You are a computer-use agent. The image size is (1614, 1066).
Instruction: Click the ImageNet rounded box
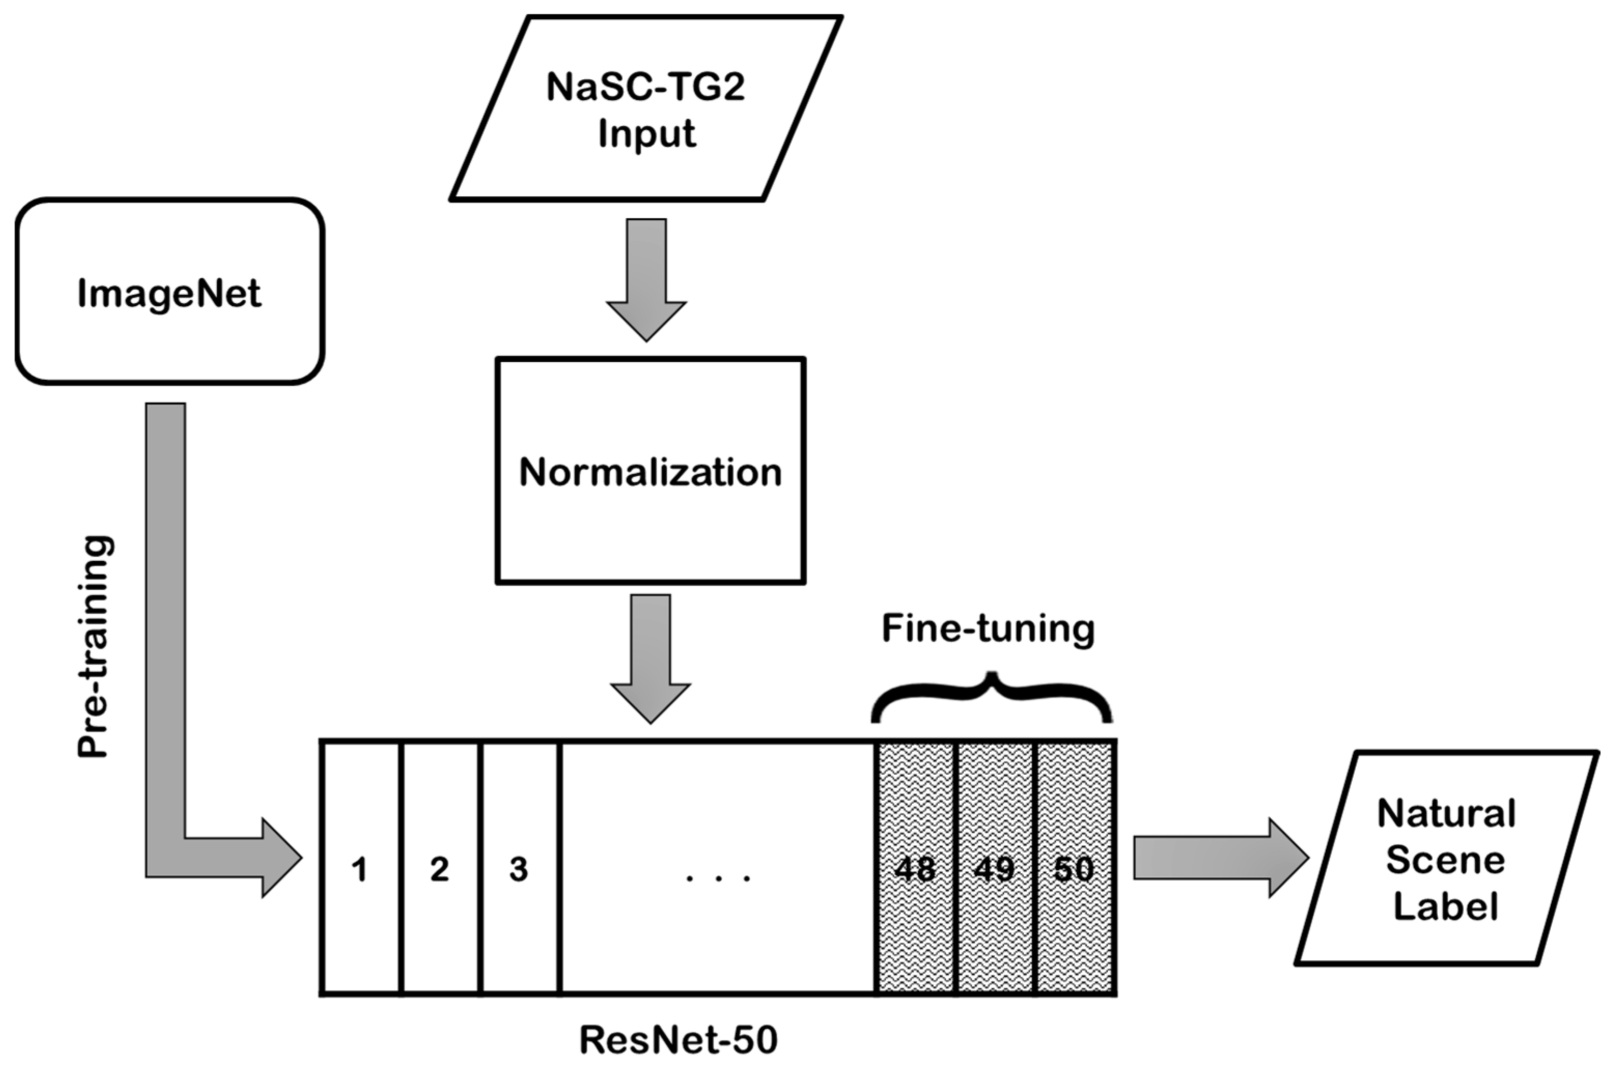click(x=170, y=292)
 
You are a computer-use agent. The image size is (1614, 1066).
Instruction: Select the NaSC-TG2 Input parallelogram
click(x=646, y=109)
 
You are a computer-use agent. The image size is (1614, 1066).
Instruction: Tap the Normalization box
click(x=650, y=471)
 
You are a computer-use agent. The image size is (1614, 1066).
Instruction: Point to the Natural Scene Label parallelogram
click(x=1445, y=860)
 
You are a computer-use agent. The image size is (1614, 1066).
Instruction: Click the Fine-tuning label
click(x=988, y=629)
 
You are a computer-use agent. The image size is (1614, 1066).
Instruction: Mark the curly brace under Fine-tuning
click(x=992, y=700)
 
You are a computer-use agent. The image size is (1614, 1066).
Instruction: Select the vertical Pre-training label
click(x=93, y=646)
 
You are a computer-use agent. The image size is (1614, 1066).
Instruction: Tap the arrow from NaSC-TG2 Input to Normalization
click(x=646, y=279)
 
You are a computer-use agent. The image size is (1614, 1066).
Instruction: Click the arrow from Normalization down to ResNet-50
click(x=650, y=656)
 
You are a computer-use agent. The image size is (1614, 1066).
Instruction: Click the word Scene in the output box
click(x=1445, y=861)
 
